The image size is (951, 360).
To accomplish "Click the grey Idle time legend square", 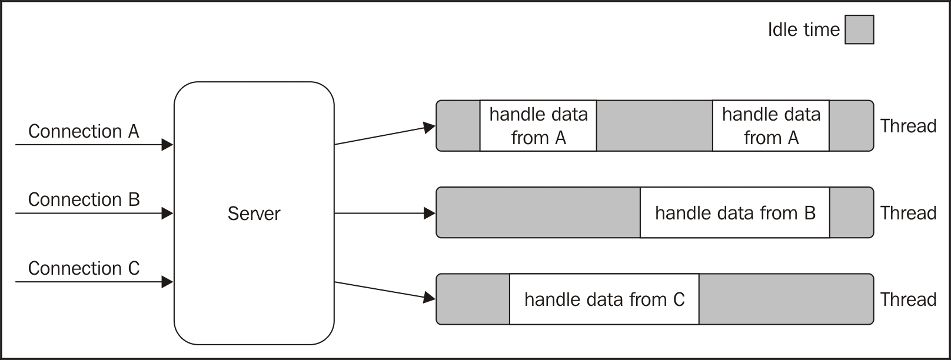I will click(859, 30).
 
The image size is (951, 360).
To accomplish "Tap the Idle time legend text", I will click(803, 30).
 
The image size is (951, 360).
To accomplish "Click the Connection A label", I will click(84, 131).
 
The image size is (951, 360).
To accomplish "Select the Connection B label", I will click(84, 200).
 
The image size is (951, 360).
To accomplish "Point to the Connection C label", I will click(84, 269).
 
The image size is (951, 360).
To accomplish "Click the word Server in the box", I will click(254, 214).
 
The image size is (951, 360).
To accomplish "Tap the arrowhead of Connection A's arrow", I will click(167, 145).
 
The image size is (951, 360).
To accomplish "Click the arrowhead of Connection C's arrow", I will click(167, 282).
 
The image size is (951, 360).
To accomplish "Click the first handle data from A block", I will click(538, 126).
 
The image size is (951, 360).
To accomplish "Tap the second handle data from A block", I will click(770, 126).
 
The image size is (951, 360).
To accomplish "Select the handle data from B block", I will click(734, 213).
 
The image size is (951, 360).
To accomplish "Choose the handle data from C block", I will click(604, 299).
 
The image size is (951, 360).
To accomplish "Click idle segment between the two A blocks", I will click(654, 126).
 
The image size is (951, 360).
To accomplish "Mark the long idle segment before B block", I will click(538, 213).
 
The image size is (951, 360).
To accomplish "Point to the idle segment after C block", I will click(786, 299).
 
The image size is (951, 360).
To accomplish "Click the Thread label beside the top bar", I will click(908, 126).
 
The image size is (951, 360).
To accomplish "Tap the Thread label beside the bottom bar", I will click(908, 299).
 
